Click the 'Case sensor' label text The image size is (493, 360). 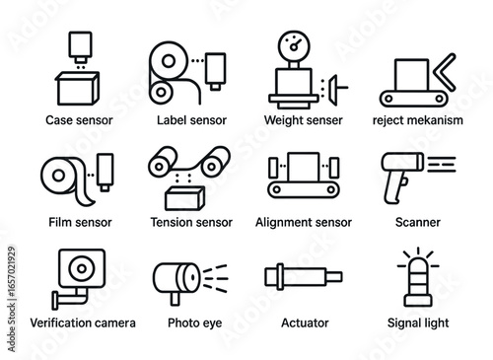point(79,120)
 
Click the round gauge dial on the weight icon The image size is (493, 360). point(294,46)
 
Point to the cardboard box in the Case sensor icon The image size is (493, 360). point(78,89)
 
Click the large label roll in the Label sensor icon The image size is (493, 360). point(169,61)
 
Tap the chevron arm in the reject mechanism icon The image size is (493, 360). point(445,72)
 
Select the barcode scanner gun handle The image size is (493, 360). point(394,188)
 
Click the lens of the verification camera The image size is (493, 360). point(82,268)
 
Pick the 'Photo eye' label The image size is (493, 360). point(194,323)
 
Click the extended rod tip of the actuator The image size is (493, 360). point(334,277)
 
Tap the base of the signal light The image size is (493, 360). point(418,301)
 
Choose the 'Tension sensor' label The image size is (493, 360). point(191,222)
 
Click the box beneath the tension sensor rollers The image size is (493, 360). point(184,198)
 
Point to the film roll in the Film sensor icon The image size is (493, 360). point(58,176)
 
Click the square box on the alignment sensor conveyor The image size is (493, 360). point(304,167)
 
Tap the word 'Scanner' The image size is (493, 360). point(418,222)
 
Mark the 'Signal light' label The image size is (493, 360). point(418,323)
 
